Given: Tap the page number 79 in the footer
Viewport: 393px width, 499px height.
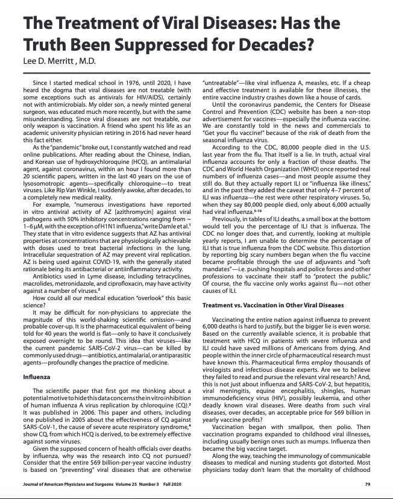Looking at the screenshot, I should click(x=368, y=484).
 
